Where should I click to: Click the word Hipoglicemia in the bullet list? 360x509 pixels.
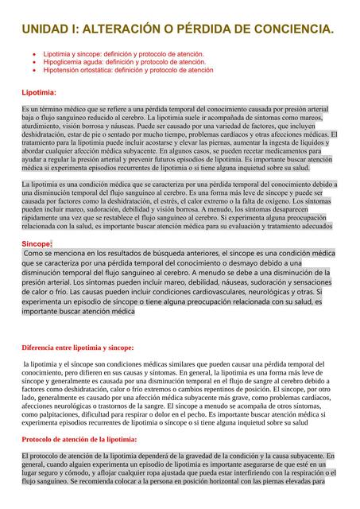66,62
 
